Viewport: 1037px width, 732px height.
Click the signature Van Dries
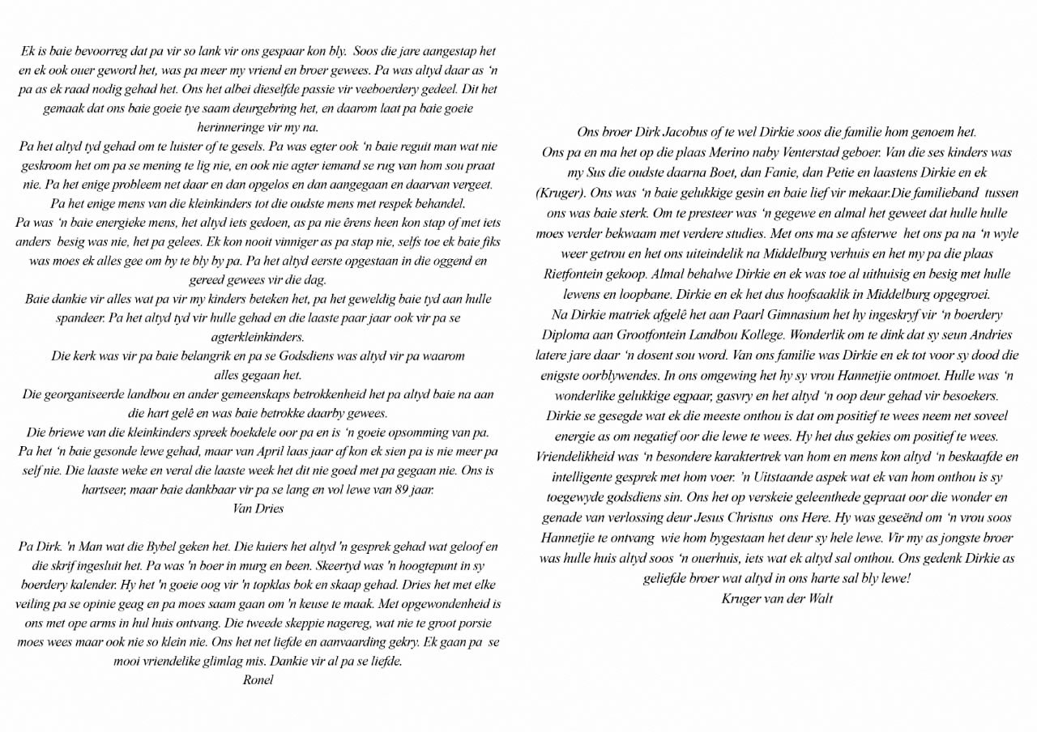click(x=258, y=509)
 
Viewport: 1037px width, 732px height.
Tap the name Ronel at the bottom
click(x=258, y=679)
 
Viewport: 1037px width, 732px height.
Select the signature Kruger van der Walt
click(x=776, y=598)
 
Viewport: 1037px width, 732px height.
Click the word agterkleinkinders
click(x=258, y=337)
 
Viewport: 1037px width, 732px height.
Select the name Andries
click(x=991, y=334)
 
